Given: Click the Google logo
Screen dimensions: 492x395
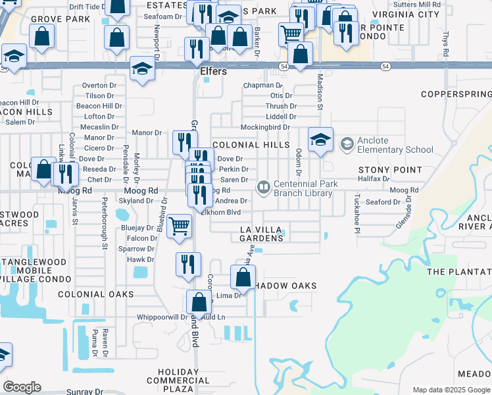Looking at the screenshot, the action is pyautogui.click(x=22, y=386).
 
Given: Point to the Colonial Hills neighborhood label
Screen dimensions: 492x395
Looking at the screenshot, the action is pyautogui.click(x=251, y=145).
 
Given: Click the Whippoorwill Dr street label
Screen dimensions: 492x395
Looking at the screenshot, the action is pyautogui.click(x=161, y=317).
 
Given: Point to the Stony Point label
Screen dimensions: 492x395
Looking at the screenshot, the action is pyautogui.click(x=381, y=170).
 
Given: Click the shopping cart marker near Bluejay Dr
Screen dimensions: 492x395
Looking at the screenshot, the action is pyautogui.click(x=180, y=226).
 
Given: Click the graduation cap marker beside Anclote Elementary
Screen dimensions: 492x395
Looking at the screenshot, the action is pyautogui.click(x=320, y=140).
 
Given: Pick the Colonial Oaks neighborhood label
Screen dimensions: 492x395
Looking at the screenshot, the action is pyautogui.click(x=95, y=294).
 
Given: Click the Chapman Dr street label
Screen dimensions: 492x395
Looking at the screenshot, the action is pyautogui.click(x=262, y=86).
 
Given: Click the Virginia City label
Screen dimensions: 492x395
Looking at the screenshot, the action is pyautogui.click(x=405, y=14).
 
